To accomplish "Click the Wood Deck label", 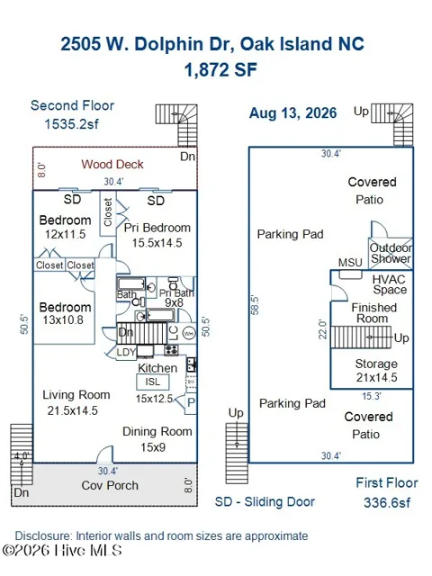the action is point(112,164).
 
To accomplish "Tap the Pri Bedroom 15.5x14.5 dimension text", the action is point(157,243).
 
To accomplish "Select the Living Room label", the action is point(76,395).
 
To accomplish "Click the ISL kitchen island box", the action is point(153,382).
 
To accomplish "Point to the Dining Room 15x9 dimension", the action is point(153,447).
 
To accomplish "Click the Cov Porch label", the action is point(110,485).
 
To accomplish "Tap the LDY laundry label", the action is point(126,352).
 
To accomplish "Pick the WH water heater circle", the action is point(189,334).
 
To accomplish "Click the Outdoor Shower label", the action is point(391,253).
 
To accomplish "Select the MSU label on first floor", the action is point(350,263).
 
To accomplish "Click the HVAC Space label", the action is point(390,284).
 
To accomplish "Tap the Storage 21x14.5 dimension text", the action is point(377,377).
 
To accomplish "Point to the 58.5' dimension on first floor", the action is point(255,305).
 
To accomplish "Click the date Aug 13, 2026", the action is point(292,113).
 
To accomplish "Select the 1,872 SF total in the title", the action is point(220,70).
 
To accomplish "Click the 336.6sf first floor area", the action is point(387,502).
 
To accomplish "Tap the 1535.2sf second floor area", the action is point(72,124).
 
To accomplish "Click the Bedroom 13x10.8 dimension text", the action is point(63,320).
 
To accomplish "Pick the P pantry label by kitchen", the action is point(191,402).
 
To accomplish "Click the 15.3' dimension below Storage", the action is point(372,396).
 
